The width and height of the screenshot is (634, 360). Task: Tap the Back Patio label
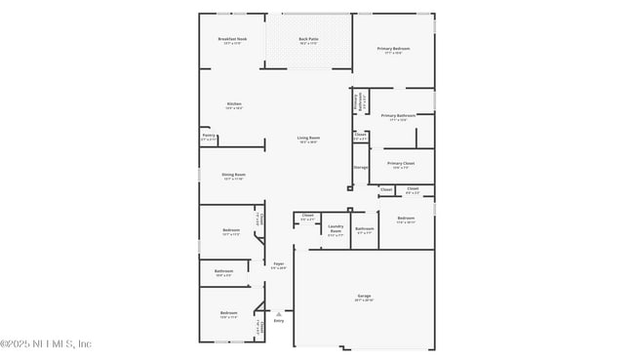(309, 39)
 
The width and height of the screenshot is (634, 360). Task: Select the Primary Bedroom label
(393, 48)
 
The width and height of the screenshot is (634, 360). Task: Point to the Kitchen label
(234, 104)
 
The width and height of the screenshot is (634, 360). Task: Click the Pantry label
(209, 136)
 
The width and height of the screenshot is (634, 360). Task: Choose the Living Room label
(309, 138)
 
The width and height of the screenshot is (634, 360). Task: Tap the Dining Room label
(234, 175)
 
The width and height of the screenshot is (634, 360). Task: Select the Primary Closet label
(401, 163)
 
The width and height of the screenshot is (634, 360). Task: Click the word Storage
(361, 168)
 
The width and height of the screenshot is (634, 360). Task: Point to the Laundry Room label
(336, 228)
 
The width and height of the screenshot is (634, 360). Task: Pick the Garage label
(364, 296)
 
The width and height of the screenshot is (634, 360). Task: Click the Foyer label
(278, 263)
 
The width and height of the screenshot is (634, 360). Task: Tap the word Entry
(278, 320)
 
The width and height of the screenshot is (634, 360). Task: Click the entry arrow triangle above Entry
(278, 312)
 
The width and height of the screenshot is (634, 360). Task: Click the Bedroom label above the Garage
(406, 219)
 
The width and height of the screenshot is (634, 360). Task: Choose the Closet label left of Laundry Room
(307, 215)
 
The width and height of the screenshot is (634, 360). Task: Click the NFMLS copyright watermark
(46, 343)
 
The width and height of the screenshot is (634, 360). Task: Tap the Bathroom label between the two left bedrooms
(223, 271)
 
